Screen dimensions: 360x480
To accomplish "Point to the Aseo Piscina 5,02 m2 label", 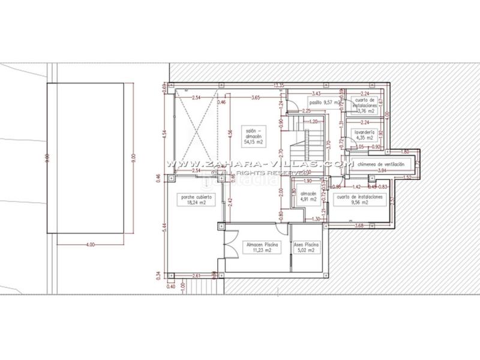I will coord(306,247).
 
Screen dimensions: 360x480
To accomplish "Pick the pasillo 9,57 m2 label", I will coord(324,102).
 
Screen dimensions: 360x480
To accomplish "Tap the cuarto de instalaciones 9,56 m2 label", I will coord(360,199).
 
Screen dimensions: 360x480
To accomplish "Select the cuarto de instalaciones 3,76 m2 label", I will coord(365,105).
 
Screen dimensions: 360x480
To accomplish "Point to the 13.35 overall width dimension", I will coord(278,85).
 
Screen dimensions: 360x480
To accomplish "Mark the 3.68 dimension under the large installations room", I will coord(359,226).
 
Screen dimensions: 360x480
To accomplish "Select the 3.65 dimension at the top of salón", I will coord(256,97).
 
